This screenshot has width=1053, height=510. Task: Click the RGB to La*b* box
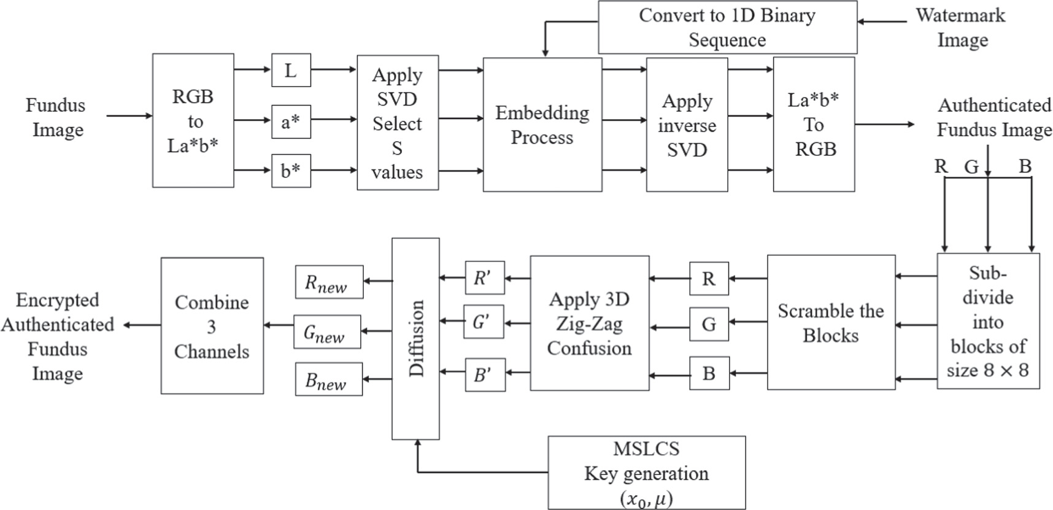(x=193, y=120)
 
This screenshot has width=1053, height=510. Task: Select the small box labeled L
(x=291, y=70)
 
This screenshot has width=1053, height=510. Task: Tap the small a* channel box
(x=291, y=122)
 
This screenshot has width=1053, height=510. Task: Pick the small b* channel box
(x=291, y=171)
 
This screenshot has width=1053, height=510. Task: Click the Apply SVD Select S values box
(x=398, y=123)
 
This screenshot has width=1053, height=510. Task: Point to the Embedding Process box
(x=542, y=125)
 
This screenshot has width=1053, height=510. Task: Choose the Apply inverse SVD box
(x=687, y=125)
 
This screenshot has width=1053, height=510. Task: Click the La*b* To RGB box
(x=814, y=124)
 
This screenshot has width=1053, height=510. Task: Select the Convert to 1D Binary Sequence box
(x=727, y=27)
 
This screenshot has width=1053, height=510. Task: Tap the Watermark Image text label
(x=961, y=27)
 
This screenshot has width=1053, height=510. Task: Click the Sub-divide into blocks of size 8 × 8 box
(x=988, y=321)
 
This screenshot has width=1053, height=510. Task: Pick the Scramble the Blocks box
(x=831, y=323)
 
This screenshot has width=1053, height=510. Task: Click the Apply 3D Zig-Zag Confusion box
(x=589, y=323)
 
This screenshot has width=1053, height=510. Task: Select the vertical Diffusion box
(x=415, y=338)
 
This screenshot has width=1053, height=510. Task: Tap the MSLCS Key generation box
(x=646, y=473)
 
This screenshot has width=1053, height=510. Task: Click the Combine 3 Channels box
(x=212, y=326)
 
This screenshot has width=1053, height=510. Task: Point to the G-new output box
(x=326, y=332)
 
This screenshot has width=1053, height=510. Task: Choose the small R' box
(x=484, y=278)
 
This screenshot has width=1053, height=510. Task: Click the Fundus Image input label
(x=56, y=117)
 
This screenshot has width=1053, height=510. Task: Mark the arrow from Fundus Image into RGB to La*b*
(x=129, y=115)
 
